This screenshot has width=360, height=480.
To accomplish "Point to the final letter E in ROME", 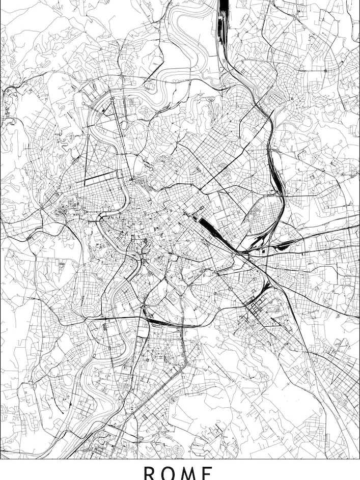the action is pos(208,473).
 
